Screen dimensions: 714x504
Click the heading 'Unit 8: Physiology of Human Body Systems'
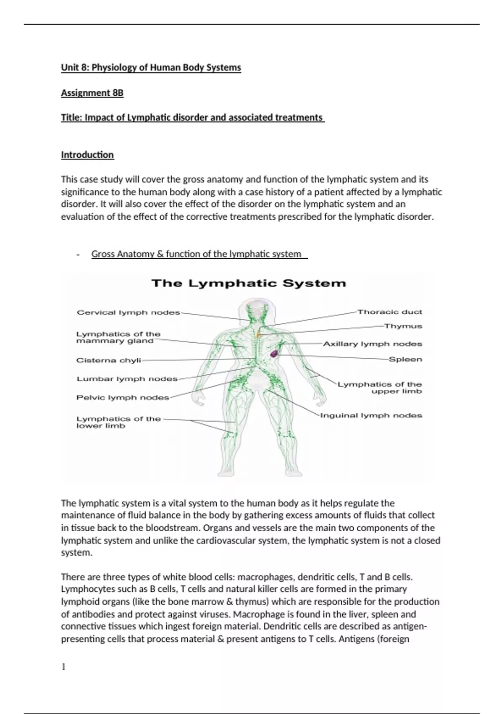151,68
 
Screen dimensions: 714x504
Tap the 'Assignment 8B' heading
92,93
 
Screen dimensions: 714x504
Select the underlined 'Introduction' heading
87,155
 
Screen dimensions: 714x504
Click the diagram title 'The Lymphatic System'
249,283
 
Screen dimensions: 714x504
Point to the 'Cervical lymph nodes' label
129,312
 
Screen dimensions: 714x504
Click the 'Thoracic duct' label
390,312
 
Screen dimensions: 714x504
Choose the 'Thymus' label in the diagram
403,326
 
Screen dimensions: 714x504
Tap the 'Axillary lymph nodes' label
373,344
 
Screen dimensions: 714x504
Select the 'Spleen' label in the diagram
405,360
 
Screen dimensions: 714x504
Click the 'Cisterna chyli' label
109,360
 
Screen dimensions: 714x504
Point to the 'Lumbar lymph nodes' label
127,379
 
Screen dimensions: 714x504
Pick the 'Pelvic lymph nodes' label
123,397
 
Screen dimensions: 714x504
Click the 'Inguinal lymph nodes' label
371,415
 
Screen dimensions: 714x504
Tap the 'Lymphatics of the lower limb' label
118,422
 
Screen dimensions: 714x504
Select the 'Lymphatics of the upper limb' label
380,388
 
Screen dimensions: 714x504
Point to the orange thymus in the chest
258,335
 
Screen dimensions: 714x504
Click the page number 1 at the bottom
63,667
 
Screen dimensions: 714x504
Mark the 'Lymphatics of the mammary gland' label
118,337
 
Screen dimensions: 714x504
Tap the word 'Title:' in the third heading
72,118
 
